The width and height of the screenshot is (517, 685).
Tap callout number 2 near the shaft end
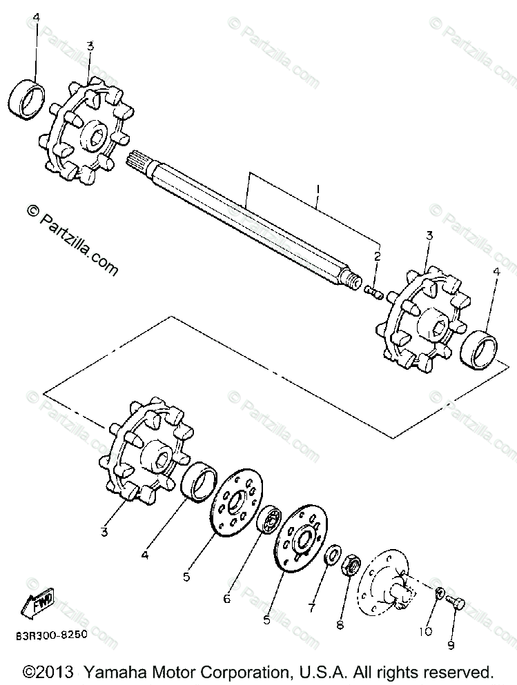point(378,256)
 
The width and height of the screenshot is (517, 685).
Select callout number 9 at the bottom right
point(451,646)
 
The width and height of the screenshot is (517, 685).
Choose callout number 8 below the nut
point(338,625)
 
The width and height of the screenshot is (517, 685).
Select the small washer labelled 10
point(439,593)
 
